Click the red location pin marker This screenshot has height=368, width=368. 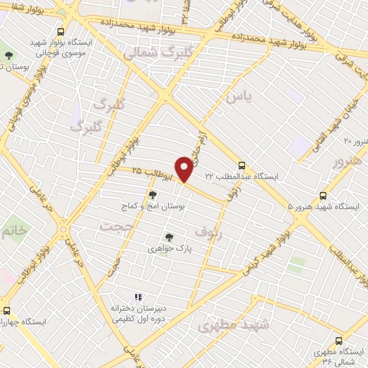[x=185, y=170]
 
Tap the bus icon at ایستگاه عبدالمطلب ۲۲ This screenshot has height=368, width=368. [x=241, y=164]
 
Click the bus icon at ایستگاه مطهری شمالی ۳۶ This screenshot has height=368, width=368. [x=339, y=341]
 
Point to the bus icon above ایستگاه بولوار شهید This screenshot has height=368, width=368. [x=61, y=32]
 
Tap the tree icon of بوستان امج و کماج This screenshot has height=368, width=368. [x=152, y=194]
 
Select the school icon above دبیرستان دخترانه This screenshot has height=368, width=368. [x=138, y=297]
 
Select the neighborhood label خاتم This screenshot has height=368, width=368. [x=15, y=231]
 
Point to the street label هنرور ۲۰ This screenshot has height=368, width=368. [x=355, y=142]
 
